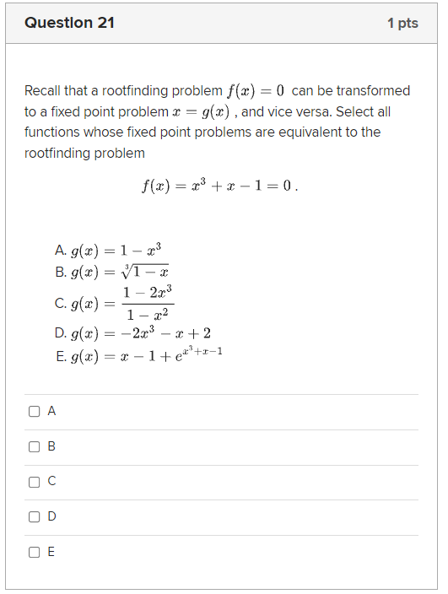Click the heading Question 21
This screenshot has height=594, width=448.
pyautogui.click(x=69, y=23)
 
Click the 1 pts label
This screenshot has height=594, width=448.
pyautogui.click(x=402, y=24)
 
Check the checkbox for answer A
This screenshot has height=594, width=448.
pyautogui.click(x=34, y=412)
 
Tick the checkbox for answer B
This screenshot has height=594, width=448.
pyautogui.click(x=34, y=446)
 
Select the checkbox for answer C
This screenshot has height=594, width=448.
pyautogui.click(x=34, y=482)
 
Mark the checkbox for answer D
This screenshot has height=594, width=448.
pyautogui.click(x=34, y=516)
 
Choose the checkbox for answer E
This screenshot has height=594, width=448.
pyautogui.click(x=34, y=553)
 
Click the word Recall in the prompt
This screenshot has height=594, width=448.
pyautogui.click(x=43, y=91)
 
